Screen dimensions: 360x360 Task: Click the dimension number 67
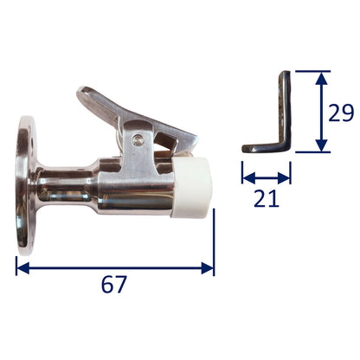coord(114,285)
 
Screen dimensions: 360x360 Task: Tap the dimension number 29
coord(341,112)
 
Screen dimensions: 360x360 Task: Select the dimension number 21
coord(267,198)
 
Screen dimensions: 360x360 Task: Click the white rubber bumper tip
coord(192,187)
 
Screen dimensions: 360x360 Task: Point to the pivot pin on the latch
coord(138,140)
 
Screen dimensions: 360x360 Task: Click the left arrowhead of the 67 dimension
coord(22,268)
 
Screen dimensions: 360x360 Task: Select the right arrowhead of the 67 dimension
coord(207,268)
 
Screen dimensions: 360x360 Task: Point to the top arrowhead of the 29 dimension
coord(321,78)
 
